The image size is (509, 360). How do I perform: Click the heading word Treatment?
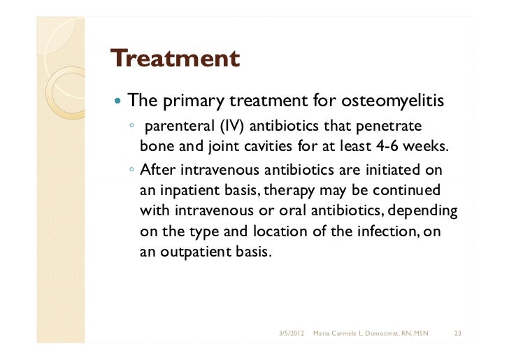click(x=175, y=58)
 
